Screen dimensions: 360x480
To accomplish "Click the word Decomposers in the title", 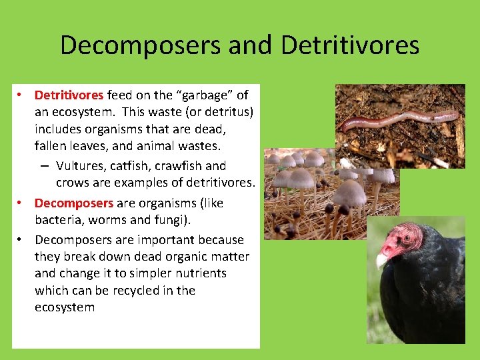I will click(x=142, y=45).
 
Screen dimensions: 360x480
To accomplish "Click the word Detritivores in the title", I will click(x=350, y=45).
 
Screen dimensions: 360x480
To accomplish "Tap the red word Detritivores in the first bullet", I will click(x=69, y=95).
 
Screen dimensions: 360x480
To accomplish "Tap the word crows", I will click(x=72, y=183).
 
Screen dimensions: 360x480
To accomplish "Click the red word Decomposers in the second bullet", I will click(x=74, y=203).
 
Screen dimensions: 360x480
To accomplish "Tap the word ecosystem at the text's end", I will click(x=65, y=307).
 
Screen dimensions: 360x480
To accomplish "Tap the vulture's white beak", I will click(x=381, y=259).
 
